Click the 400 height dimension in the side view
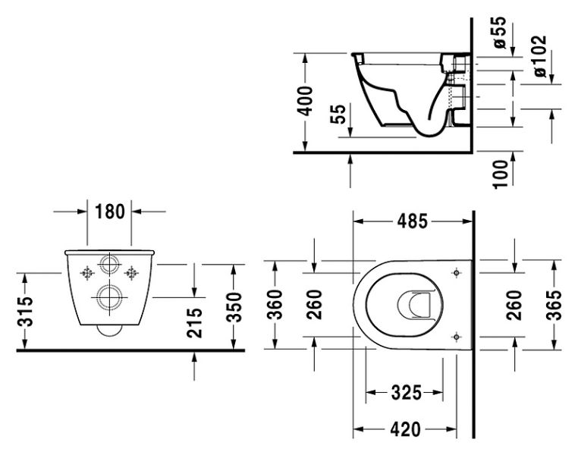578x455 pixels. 304,99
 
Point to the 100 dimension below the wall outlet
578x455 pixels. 500,174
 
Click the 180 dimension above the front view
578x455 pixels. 109,212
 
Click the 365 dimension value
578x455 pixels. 554,305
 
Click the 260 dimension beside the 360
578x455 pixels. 315,305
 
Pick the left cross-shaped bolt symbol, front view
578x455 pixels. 87,272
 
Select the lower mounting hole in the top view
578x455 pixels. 456,336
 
